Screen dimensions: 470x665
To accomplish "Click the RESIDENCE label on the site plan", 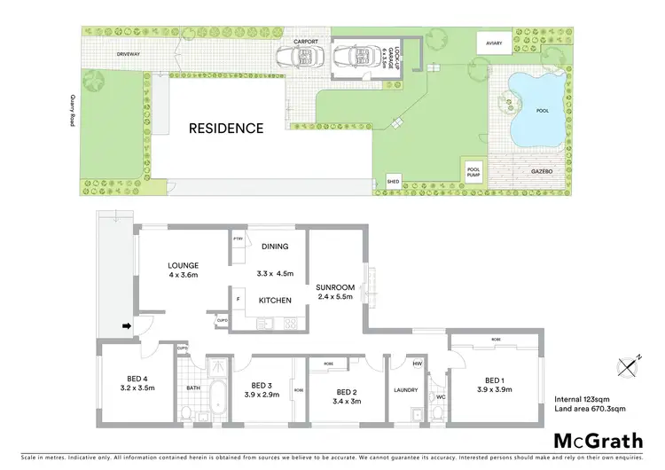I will click(226, 128).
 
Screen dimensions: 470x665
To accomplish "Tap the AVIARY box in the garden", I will click(492, 43).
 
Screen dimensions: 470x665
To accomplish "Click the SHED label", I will click(394, 182).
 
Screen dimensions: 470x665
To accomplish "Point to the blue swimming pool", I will click(536, 113).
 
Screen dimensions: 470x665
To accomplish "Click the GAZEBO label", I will click(542, 169).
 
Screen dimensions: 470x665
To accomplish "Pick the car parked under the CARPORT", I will click(298, 59).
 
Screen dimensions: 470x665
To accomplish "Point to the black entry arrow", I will click(127, 326).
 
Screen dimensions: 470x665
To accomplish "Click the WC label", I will click(440, 397).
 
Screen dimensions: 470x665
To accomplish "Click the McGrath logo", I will click(598, 441).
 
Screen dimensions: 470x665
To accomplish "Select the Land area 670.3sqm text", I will click(590, 409).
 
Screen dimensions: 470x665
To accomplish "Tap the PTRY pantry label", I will click(238, 239).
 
